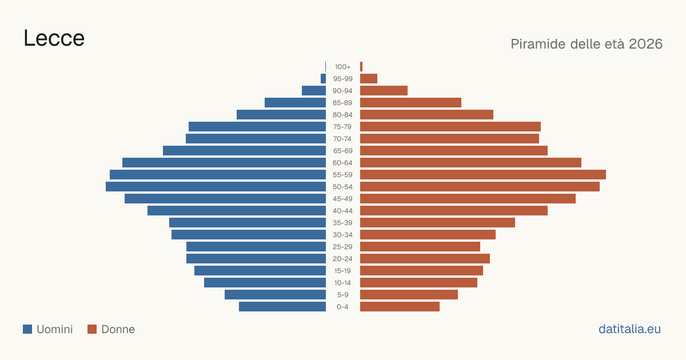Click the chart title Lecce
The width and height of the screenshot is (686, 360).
tap(54, 38)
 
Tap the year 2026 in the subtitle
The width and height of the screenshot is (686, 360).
tap(645, 44)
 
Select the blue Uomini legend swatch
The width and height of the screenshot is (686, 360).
tap(27, 329)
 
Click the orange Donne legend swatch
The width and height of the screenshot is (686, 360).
tap(92, 329)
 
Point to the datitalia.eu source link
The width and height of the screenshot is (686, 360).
tap(629, 329)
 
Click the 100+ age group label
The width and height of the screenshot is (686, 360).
tap(342, 67)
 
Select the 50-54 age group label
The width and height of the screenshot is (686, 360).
tap(342, 187)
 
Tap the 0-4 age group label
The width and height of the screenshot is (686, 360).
tap(342, 307)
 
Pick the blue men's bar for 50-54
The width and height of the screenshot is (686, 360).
tap(216, 187)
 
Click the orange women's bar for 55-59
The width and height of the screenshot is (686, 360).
tap(483, 174)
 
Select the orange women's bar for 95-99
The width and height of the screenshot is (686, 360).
tap(369, 79)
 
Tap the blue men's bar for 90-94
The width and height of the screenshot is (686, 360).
tap(314, 91)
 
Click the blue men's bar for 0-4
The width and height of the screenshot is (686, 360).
tap(282, 307)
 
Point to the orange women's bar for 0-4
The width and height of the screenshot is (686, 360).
tap(400, 307)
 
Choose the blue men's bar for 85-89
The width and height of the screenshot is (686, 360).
tap(295, 102)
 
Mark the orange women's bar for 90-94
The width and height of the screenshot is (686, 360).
tap(384, 91)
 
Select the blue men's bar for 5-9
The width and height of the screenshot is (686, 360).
tap(276, 294)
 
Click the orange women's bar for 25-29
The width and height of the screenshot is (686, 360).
tap(420, 247)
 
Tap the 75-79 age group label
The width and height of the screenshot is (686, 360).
tap(342, 127)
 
